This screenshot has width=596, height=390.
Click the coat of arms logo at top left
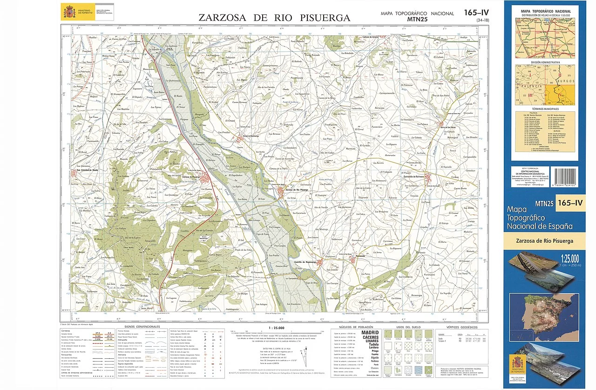pyautogui.click(x=69, y=11)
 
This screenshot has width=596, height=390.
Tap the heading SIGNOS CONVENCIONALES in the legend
pyautogui.click(x=139, y=327)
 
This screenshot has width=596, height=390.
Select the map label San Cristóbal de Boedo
pyautogui.click(x=87, y=170)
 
